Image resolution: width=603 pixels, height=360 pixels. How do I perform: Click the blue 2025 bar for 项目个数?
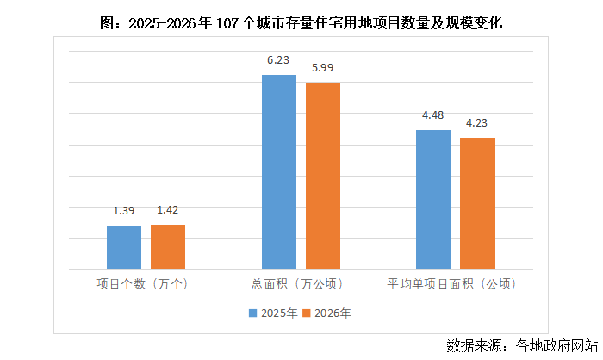coord(124,247)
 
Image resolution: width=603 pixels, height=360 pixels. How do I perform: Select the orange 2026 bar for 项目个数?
coord(168,246)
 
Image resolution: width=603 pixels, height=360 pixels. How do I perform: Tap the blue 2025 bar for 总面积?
coord(278,171)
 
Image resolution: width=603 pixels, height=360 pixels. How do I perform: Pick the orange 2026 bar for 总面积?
coord(323,176)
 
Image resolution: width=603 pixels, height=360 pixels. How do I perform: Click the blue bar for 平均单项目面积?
coord(433,199)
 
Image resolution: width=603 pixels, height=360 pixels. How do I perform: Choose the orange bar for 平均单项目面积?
coord(477,203)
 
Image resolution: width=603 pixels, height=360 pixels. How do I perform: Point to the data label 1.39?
coord(124,211)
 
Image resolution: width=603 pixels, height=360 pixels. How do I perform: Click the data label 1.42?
coord(168,210)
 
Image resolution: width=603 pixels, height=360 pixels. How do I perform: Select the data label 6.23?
coord(278,60)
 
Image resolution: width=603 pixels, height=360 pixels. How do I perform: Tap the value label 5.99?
coord(323,68)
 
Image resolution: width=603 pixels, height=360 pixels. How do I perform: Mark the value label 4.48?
coord(433,115)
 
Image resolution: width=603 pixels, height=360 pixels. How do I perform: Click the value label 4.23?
coord(477,123)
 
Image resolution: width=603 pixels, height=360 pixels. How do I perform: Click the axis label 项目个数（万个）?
coord(146,283)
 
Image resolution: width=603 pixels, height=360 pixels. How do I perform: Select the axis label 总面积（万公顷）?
coord(301,283)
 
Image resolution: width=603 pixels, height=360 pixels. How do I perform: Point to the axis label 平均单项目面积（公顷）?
coord(455,283)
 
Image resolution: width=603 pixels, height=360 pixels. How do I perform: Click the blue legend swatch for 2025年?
coord(254,313)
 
